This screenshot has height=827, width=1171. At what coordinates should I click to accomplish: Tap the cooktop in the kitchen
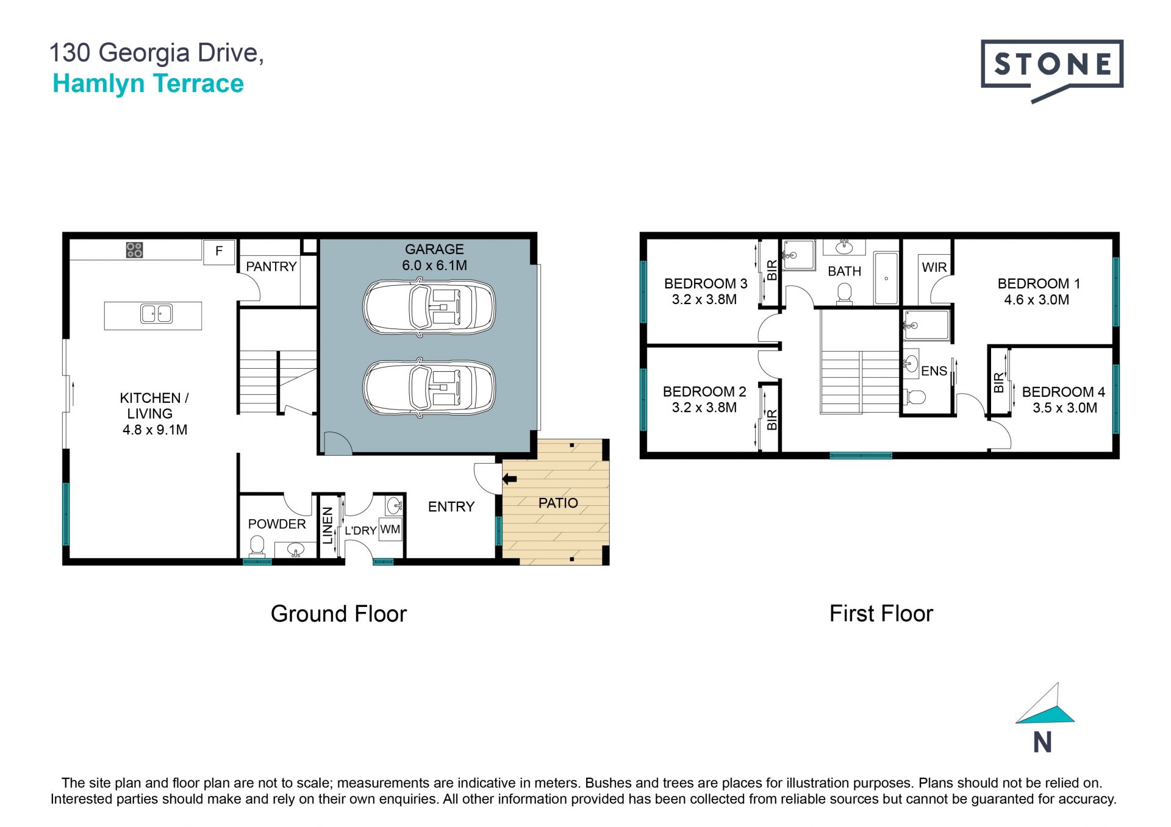(134, 250)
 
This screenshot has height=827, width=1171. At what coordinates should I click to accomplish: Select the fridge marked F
(218, 251)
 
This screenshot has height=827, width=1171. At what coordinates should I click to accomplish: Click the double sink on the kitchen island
(156, 314)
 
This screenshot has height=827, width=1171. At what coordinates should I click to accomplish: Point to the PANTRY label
(271, 266)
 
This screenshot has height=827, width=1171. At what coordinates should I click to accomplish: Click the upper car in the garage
(429, 307)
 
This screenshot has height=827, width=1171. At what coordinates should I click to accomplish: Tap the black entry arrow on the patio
(509, 479)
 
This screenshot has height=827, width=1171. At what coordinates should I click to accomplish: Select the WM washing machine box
(390, 529)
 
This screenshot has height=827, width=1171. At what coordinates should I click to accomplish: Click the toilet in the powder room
(257, 545)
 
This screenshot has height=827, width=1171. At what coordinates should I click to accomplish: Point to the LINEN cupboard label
(328, 525)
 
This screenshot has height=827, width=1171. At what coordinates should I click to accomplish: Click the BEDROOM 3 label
(706, 283)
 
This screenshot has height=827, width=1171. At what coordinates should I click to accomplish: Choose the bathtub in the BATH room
(886, 278)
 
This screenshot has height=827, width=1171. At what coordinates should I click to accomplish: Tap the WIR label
(934, 267)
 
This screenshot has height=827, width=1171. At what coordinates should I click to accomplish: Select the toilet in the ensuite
(914, 397)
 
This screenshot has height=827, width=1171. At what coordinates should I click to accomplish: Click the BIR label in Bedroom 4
(998, 383)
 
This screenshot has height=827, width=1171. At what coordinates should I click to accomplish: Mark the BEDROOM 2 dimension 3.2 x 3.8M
(704, 407)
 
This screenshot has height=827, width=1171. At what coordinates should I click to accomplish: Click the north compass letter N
(1042, 742)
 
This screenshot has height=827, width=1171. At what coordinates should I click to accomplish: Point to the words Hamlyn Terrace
(148, 84)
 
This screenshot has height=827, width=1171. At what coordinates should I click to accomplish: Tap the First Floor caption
(881, 613)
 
